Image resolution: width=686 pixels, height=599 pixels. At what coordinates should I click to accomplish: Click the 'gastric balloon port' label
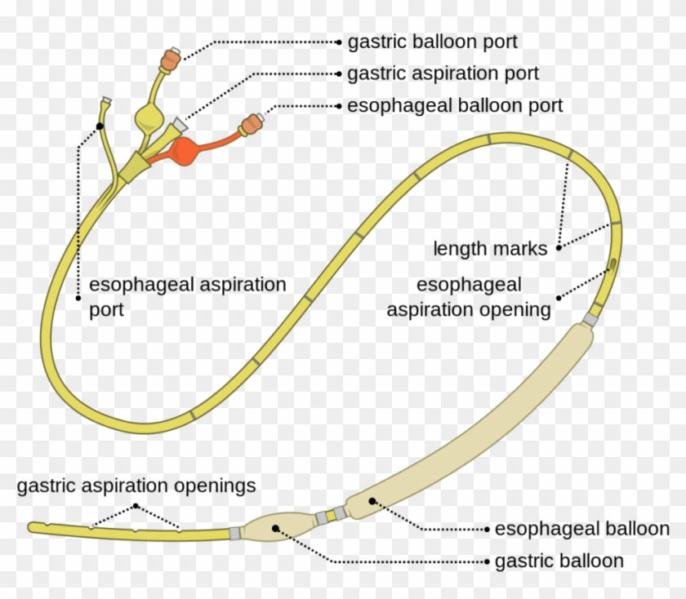click(x=432, y=41)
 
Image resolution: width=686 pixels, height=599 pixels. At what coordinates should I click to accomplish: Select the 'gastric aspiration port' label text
click(x=443, y=73)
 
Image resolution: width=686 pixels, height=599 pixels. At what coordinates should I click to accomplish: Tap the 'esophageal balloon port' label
click(x=454, y=106)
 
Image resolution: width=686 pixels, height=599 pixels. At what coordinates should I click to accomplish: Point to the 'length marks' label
click(x=490, y=249)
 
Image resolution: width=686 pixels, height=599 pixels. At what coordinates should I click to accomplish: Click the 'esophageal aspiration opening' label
click(x=469, y=298)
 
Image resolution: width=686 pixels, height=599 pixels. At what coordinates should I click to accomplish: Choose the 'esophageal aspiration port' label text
click(x=187, y=298)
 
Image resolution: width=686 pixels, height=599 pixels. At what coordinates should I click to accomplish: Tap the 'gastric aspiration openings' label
click(x=136, y=486)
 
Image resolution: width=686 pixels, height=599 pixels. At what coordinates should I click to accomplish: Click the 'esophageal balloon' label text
click(x=581, y=529)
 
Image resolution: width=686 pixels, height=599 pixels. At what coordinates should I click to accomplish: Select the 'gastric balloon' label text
click(x=559, y=561)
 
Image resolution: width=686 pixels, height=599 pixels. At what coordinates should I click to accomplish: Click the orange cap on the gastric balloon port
click(x=171, y=58)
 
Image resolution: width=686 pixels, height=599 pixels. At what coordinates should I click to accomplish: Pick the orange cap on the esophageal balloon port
click(x=251, y=124)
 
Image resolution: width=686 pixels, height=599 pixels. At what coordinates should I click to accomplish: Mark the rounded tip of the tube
click(x=33, y=527)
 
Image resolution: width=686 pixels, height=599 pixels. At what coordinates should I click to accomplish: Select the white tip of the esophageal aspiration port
click(x=105, y=102)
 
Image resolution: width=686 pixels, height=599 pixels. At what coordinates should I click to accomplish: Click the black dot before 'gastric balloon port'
click(x=337, y=41)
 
